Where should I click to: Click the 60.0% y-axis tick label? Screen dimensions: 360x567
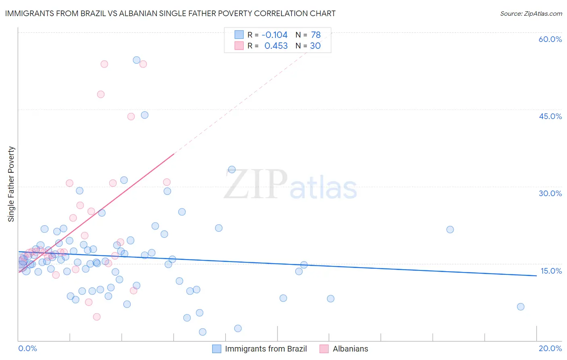[x=550, y=39]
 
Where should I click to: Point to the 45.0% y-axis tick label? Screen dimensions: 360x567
[x=550, y=116]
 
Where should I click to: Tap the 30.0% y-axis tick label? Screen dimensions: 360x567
[x=550, y=193]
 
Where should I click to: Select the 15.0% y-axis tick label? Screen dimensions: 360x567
[x=551, y=271]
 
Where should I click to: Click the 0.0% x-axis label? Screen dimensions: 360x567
[x=27, y=348]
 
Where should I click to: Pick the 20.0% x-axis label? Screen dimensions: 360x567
[x=550, y=348]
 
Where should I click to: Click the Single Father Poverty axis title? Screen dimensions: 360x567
[x=11, y=184]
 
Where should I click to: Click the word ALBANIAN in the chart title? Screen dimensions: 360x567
[x=137, y=13]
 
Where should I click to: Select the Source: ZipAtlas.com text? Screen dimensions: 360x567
[x=531, y=13]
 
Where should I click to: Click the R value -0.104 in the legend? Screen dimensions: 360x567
[x=274, y=35]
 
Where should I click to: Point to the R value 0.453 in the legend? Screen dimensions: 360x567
[x=276, y=46]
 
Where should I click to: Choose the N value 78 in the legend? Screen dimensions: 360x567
[x=316, y=35]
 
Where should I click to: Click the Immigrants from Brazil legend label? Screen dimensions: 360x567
[x=266, y=349]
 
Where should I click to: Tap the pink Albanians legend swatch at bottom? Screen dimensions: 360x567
[x=324, y=349]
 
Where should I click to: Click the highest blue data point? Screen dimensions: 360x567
[x=137, y=60]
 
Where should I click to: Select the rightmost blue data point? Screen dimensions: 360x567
[x=521, y=307]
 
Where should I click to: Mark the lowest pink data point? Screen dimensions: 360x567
[x=97, y=317]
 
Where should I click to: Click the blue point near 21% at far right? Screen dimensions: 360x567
[x=450, y=230]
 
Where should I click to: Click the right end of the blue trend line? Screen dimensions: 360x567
[x=536, y=276]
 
